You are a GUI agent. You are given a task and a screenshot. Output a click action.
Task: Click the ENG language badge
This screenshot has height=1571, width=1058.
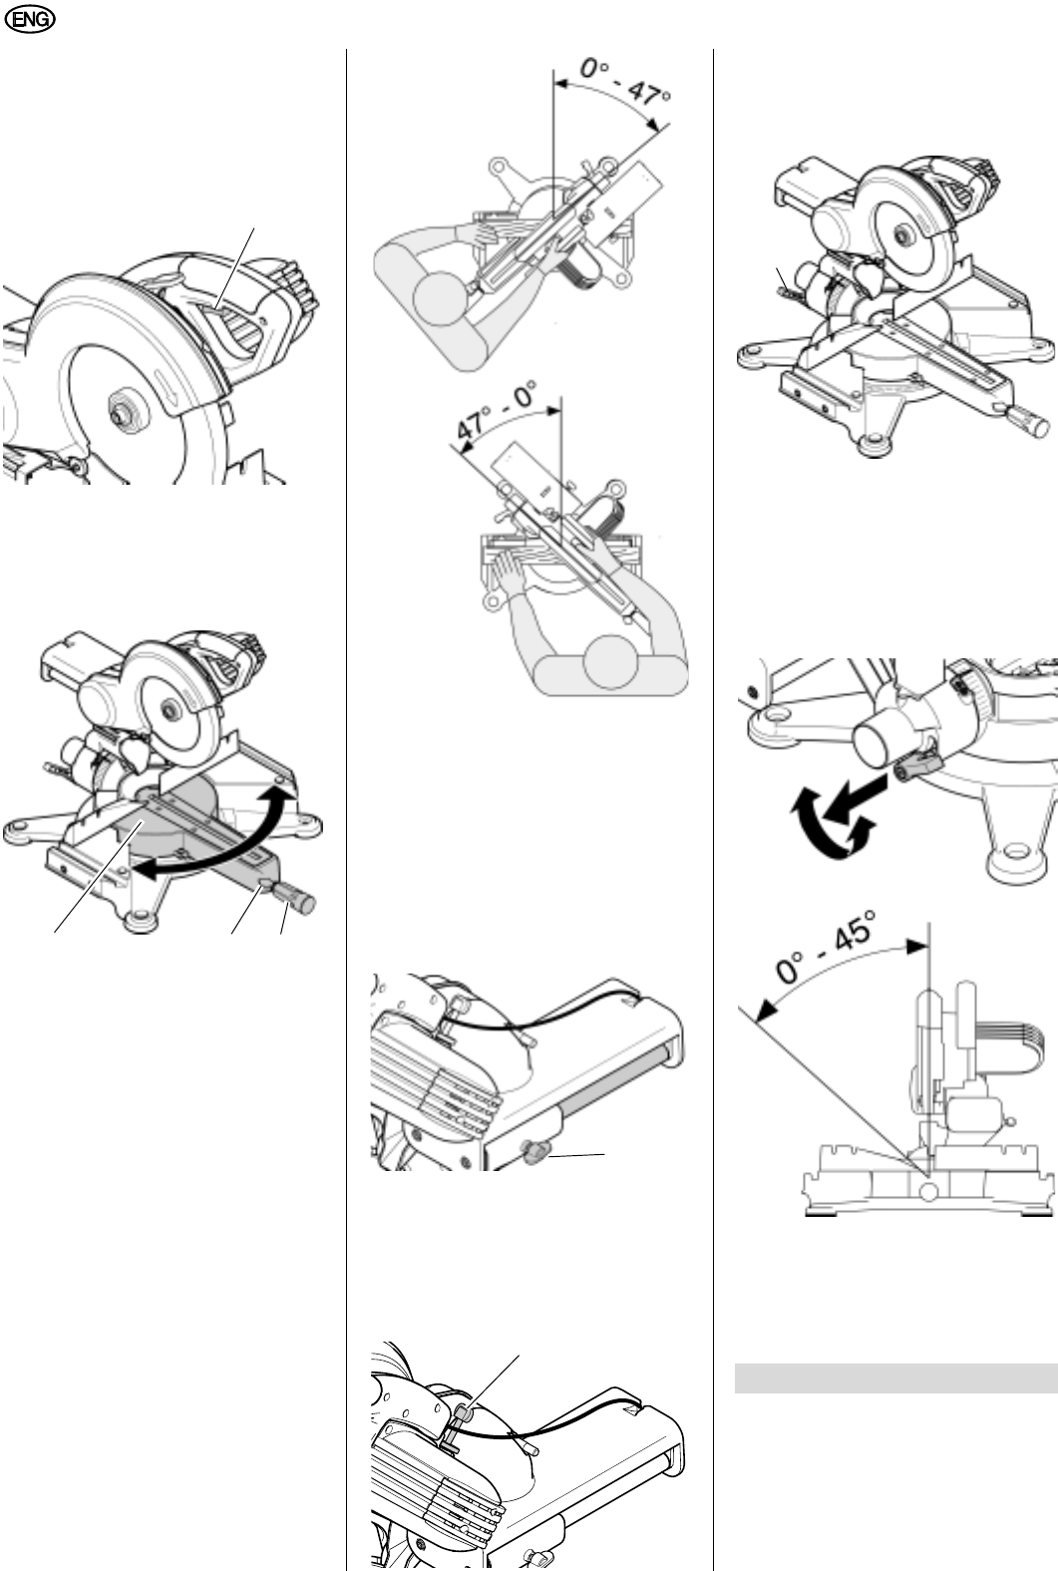click(30, 20)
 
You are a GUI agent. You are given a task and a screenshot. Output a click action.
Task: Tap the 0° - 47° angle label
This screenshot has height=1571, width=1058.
click(625, 82)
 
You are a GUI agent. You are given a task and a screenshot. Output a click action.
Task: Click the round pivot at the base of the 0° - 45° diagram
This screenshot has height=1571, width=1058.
click(929, 1191)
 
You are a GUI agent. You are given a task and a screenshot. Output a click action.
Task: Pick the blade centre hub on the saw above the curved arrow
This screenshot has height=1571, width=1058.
click(168, 710)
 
